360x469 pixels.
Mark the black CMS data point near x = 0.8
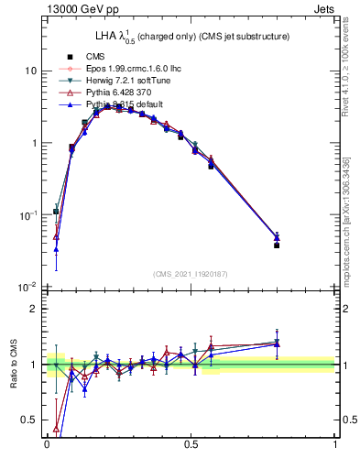click(277, 245)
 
